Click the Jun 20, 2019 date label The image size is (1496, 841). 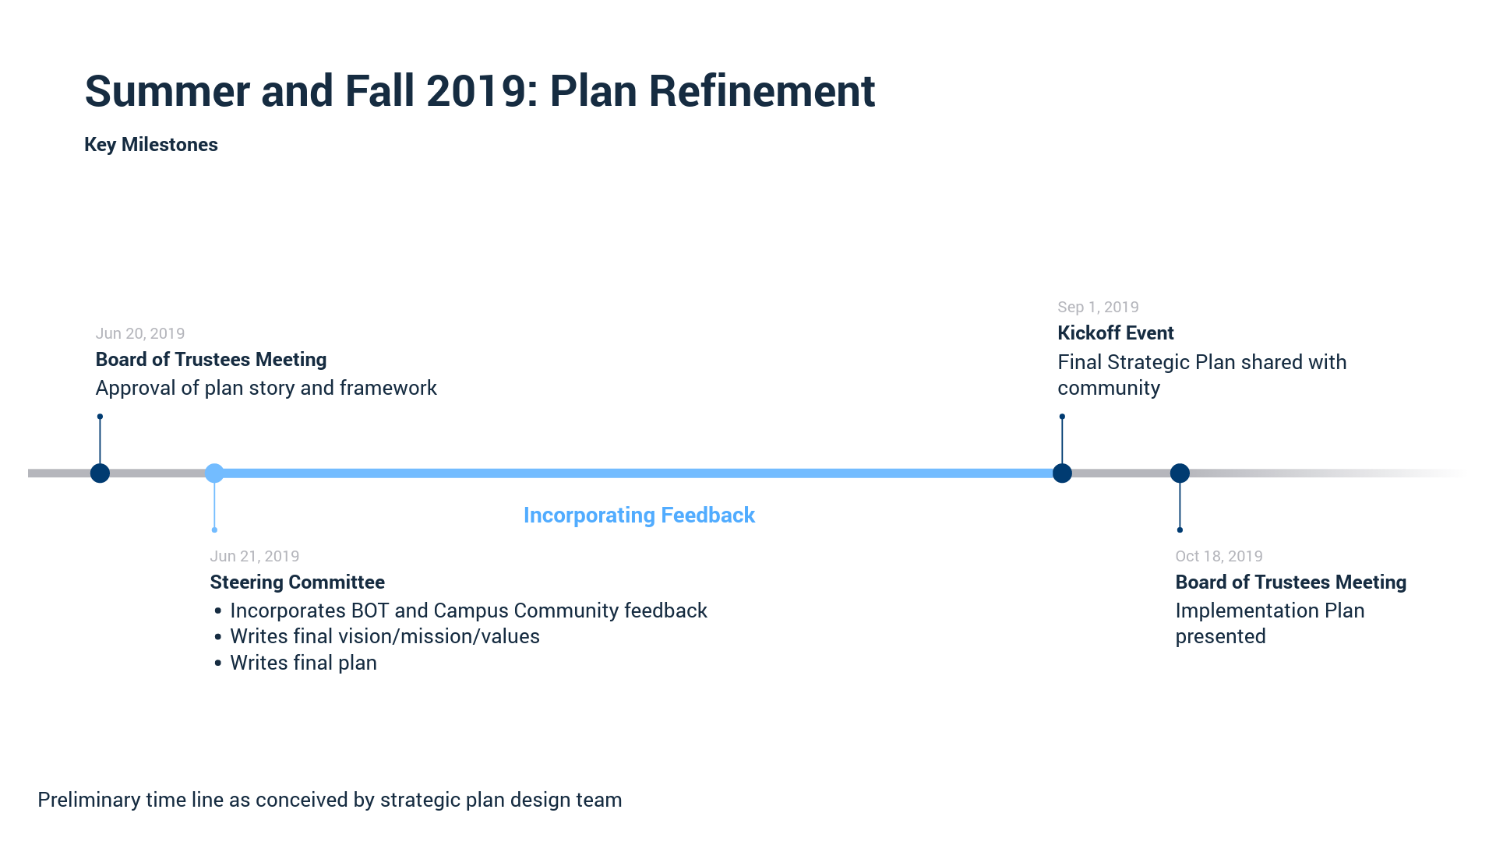(x=139, y=333)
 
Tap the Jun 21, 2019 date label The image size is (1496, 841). (x=254, y=556)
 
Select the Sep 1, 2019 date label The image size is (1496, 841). (x=1098, y=307)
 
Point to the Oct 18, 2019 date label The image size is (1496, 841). (x=1219, y=556)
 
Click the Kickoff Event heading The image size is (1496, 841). (x=1115, y=333)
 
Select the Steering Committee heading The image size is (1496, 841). (x=297, y=582)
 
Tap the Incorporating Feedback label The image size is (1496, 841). (x=639, y=516)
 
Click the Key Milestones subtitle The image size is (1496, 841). (x=150, y=145)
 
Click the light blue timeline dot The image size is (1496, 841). (x=214, y=473)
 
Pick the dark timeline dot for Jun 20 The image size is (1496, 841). (x=100, y=473)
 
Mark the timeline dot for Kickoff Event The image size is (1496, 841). (x=1062, y=473)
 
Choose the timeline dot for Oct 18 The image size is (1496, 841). (x=1180, y=473)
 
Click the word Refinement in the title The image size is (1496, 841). (x=761, y=91)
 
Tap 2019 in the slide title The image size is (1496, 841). (x=475, y=91)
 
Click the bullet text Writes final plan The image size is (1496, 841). (x=303, y=663)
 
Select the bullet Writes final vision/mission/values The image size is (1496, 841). (x=384, y=636)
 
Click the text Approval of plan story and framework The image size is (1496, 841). (x=266, y=388)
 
